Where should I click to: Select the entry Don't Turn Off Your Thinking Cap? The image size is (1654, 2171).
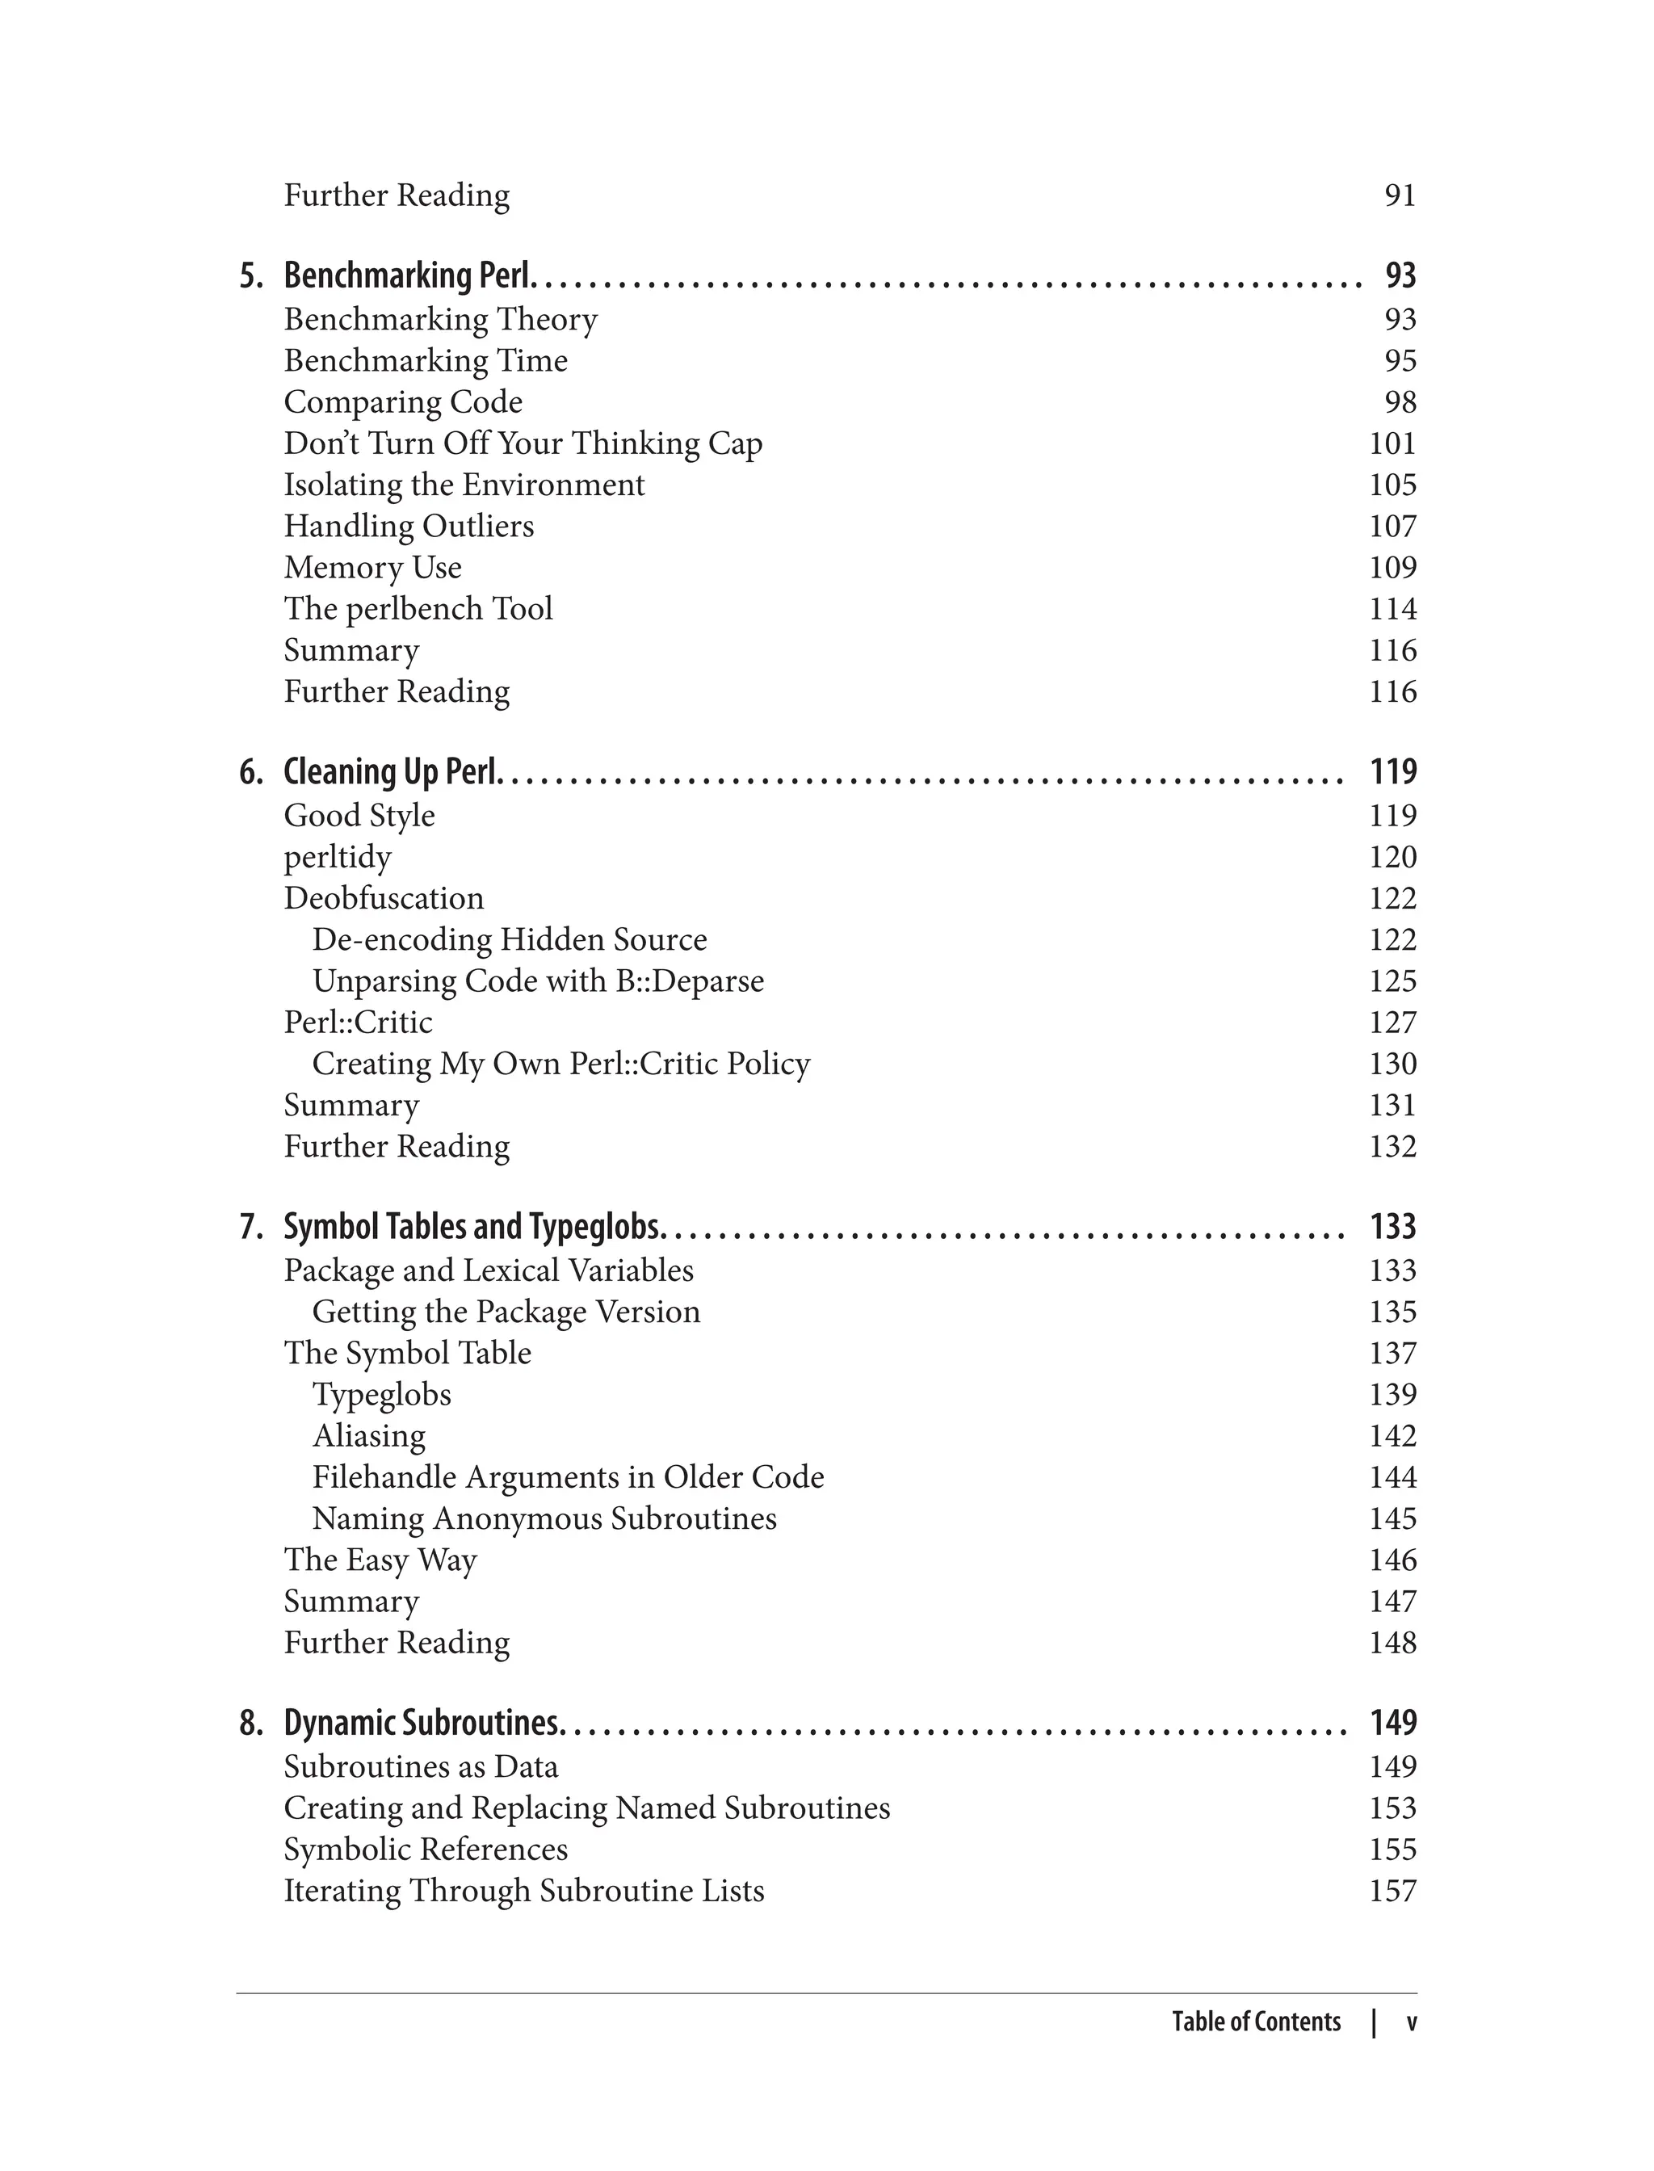(523, 444)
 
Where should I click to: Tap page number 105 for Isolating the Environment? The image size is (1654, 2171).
(1392, 485)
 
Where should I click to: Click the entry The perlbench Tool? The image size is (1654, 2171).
(418, 610)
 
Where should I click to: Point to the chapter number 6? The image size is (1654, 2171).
(251, 772)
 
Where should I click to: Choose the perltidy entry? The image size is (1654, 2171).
(338, 858)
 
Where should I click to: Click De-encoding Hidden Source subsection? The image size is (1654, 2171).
(509, 940)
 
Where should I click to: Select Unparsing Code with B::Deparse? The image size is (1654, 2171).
(538, 981)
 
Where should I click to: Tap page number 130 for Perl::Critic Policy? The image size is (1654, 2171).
(1392, 1065)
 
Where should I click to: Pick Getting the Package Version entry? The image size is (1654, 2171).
(506, 1312)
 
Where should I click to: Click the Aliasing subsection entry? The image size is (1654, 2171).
(369, 1437)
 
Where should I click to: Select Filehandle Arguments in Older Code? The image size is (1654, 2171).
(568, 1478)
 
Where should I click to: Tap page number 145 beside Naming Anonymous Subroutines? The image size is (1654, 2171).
(1392, 1519)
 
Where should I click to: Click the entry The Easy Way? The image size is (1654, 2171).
(380, 1560)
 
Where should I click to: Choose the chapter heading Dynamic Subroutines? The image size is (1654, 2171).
(422, 1723)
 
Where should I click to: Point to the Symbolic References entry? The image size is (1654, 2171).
(426, 1850)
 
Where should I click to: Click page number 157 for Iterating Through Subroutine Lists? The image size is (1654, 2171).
(1392, 1892)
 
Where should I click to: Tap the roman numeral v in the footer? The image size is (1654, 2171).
(1411, 2022)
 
